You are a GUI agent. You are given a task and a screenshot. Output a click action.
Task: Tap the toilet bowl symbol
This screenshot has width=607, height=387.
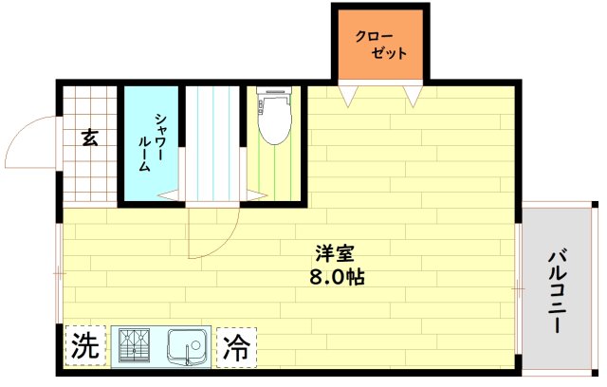[273, 126]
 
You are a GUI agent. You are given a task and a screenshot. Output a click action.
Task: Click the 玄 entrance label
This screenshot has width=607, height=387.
[88, 138]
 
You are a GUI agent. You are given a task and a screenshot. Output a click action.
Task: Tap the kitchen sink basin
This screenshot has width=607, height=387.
[190, 345]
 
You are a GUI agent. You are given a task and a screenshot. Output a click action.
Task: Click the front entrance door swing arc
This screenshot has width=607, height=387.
[28, 142]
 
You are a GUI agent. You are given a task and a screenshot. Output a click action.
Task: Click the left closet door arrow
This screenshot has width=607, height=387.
[351, 96]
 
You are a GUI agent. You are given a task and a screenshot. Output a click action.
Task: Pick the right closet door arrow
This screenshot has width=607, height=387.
[412, 96]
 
